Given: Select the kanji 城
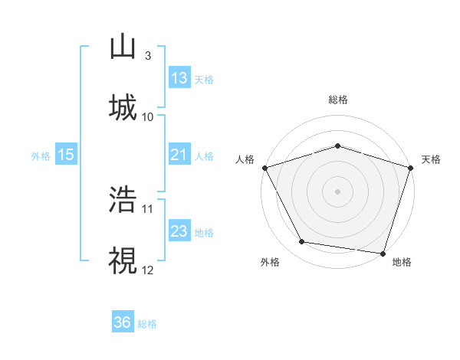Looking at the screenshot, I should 123,107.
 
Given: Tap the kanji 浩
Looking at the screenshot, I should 123,198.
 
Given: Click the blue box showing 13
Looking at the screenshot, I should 179,78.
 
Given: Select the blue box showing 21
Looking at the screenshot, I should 179,155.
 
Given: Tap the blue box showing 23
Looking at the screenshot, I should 179,231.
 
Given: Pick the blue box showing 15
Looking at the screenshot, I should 66,155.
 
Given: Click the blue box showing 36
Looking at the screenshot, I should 123,322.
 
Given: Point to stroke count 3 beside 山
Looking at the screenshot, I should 148,56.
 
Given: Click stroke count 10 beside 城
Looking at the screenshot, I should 148,116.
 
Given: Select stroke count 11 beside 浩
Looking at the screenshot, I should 148,208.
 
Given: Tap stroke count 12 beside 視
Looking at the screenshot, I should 148,269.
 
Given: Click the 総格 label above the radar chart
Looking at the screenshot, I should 338,100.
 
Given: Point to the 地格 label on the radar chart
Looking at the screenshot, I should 402,262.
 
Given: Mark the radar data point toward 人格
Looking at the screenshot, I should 264,168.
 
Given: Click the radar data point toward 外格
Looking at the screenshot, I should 302,242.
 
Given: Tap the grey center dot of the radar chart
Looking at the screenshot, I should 338,191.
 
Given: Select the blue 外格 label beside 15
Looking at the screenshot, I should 40,155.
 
